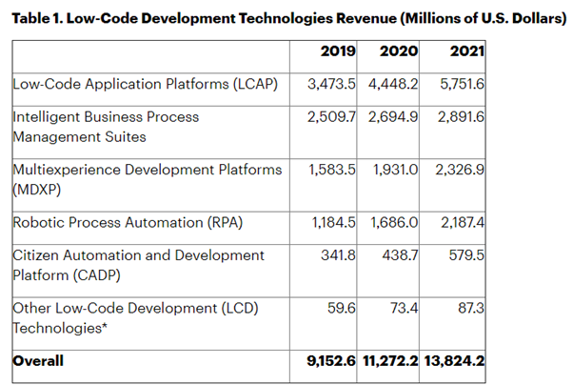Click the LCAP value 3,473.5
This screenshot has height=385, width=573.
coord(330,84)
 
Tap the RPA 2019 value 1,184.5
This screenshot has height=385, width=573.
coord(330,222)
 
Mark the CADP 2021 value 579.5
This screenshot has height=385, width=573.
coord(466,256)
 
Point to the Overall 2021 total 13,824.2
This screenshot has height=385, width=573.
coord(455,362)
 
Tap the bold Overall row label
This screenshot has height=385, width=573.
coord(38,362)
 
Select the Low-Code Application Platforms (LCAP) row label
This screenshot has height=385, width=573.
coord(144,84)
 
